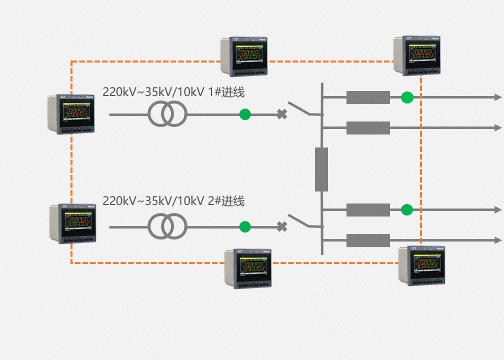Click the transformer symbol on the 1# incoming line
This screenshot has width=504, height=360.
pyautogui.click(x=167, y=114)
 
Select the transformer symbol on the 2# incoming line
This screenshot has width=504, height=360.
pyautogui.click(x=167, y=227)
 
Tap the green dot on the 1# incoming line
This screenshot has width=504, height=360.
pyautogui.click(x=244, y=114)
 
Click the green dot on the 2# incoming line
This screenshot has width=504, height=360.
pyautogui.click(x=244, y=227)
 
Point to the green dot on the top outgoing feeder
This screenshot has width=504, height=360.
pyautogui.click(x=407, y=97)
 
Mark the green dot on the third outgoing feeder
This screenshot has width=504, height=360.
pyautogui.click(x=407, y=209)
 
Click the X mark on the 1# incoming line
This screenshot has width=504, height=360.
pyautogui.click(x=282, y=114)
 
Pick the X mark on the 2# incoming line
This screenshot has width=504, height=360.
pyautogui.click(x=282, y=227)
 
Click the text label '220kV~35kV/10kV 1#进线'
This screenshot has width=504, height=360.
pyautogui.click(x=173, y=92)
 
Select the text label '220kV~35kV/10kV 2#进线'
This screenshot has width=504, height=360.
pyautogui.click(x=173, y=201)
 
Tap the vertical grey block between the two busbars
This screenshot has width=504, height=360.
pyautogui.click(x=321, y=169)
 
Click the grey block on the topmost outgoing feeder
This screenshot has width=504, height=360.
pyautogui.click(x=368, y=97)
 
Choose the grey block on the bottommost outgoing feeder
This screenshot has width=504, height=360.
pyautogui.click(x=368, y=240)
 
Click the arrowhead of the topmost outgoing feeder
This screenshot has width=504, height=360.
pyautogui.click(x=497, y=97)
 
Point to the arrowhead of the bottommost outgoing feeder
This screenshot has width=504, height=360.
pyautogui.click(x=497, y=240)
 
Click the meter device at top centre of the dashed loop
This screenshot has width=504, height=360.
pyautogui.click(x=244, y=56)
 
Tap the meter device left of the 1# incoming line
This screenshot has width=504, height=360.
pyautogui.click(x=71, y=113)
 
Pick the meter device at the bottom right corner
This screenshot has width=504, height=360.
pyautogui.click(x=421, y=266)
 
